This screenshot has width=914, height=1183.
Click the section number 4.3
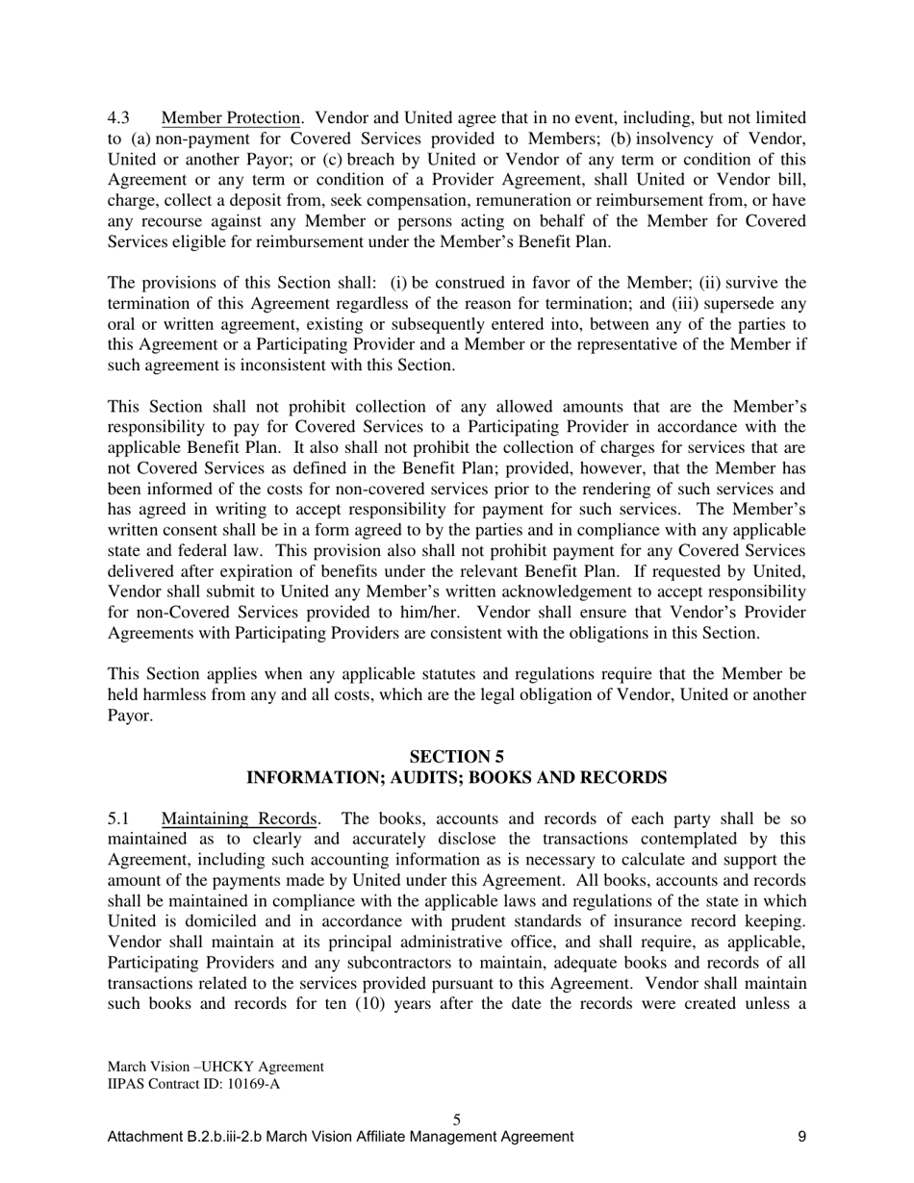click(118, 118)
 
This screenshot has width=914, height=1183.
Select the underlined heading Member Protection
click(231, 118)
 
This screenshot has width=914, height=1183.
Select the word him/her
click(437, 612)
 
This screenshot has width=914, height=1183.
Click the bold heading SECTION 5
click(457, 757)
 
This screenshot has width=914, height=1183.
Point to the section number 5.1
click(118, 819)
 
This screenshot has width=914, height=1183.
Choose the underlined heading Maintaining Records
click(240, 819)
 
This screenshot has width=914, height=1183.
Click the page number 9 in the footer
click(801, 1137)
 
